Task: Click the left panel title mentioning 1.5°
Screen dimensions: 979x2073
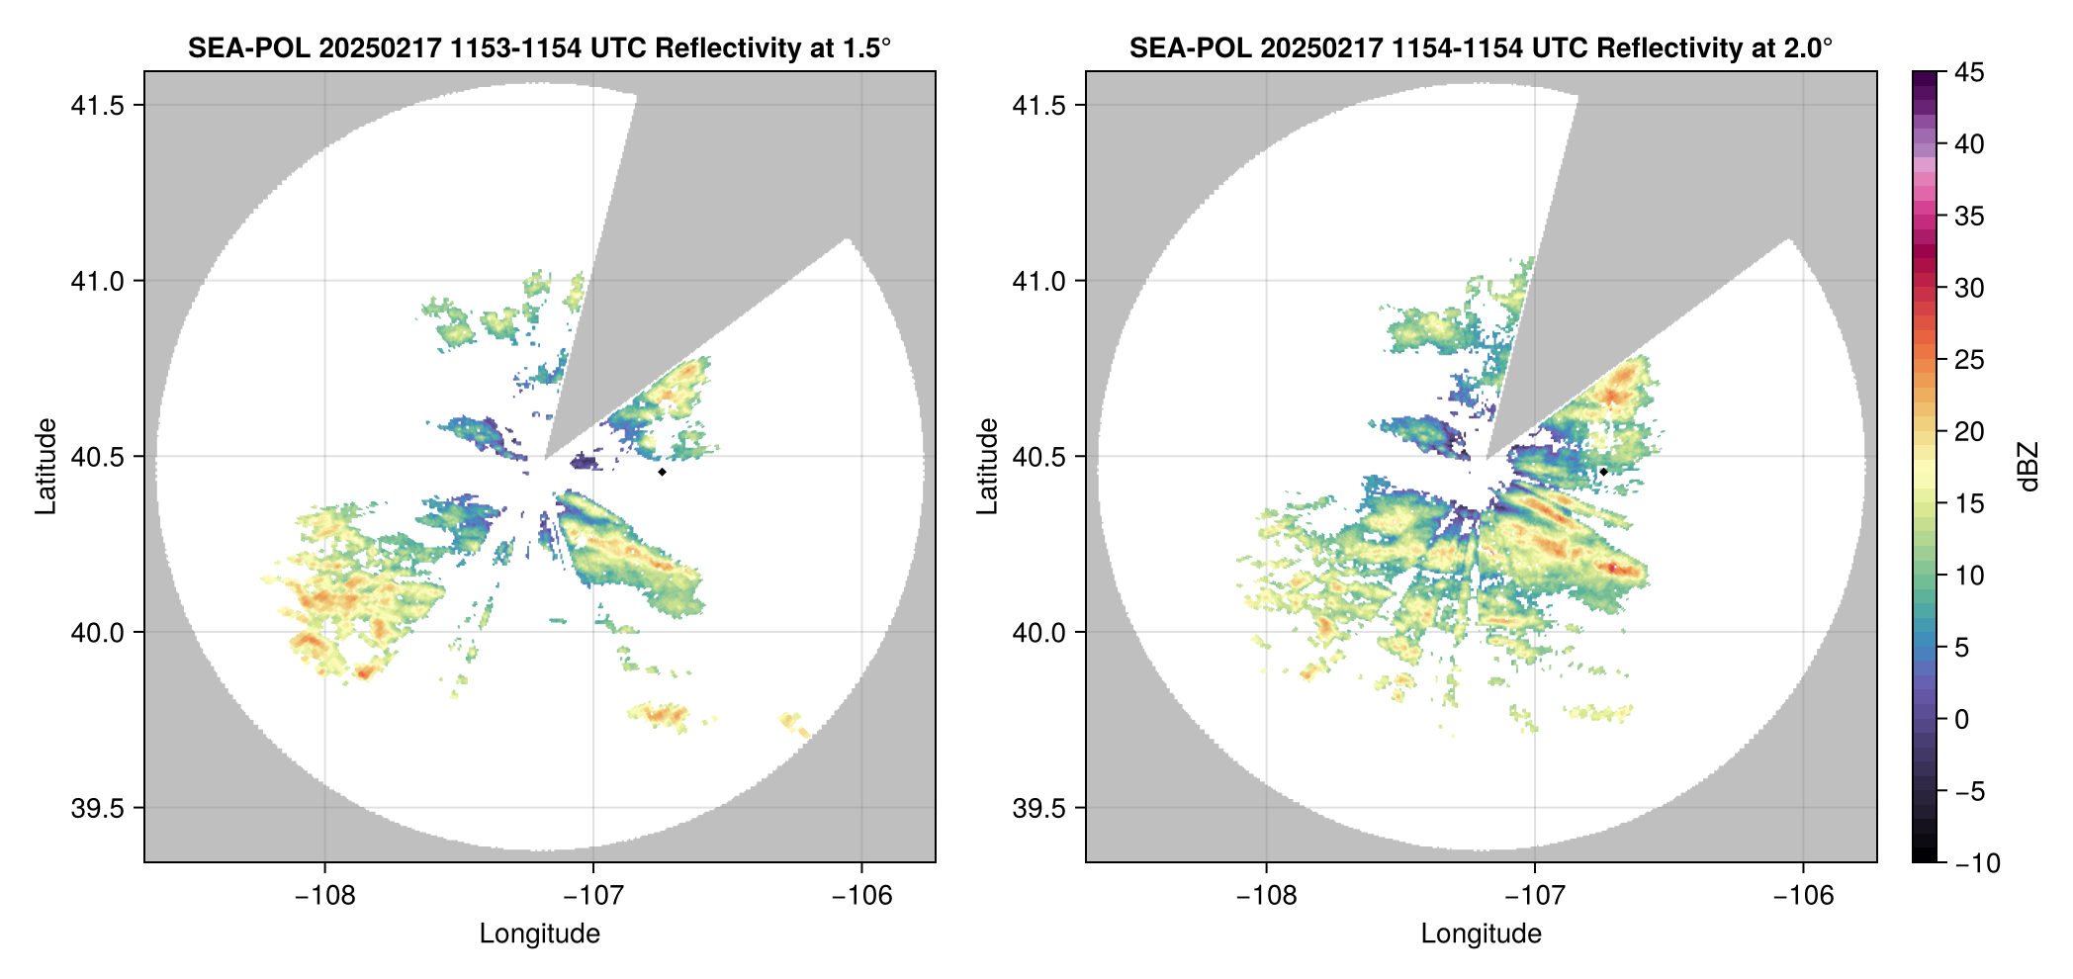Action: [x=539, y=47]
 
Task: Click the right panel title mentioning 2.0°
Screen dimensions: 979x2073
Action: [x=1481, y=47]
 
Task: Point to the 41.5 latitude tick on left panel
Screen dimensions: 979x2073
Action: [x=97, y=106]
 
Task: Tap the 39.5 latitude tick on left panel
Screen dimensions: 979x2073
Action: [x=97, y=808]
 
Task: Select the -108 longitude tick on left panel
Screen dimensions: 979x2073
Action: [x=324, y=896]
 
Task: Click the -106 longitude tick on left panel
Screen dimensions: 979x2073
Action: [x=861, y=896]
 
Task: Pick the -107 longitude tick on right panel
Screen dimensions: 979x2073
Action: [x=1534, y=896]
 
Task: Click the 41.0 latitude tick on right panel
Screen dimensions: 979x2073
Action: [x=1038, y=281]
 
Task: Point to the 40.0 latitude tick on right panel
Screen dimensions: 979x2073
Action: [x=1038, y=632]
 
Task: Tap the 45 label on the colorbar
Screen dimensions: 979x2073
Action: [x=1969, y=72]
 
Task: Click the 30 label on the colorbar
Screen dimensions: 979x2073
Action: [x=1969, y=289]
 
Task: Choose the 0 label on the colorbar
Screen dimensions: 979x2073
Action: [x=1962, y=720]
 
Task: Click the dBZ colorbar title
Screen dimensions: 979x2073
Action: [x=2028, y=467]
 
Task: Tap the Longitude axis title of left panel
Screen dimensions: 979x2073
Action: [x=539, y=934]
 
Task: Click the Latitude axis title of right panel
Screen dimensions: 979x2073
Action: [x=987, y=467]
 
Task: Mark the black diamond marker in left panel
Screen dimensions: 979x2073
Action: [x=662, y=472]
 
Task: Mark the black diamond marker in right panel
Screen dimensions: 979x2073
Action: [x=1603, y=472]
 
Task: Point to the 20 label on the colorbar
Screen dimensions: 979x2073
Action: [x=1969, y=432]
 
